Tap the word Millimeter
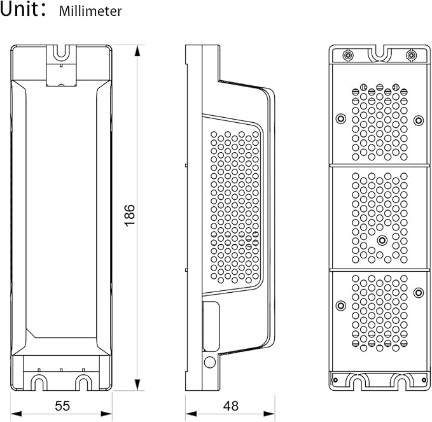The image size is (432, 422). pos(90,11)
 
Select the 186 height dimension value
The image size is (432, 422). pos(130,215)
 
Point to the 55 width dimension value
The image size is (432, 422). pos(62,405)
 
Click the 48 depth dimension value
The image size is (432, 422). pos(231,405)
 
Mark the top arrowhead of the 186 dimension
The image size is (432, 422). pos(137,51)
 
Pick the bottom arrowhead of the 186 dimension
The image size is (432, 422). pos(137,385)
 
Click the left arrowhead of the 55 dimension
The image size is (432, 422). pos(16,414)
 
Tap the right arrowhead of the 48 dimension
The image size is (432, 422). pos(270,414)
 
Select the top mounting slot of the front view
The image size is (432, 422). pos(61,52)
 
